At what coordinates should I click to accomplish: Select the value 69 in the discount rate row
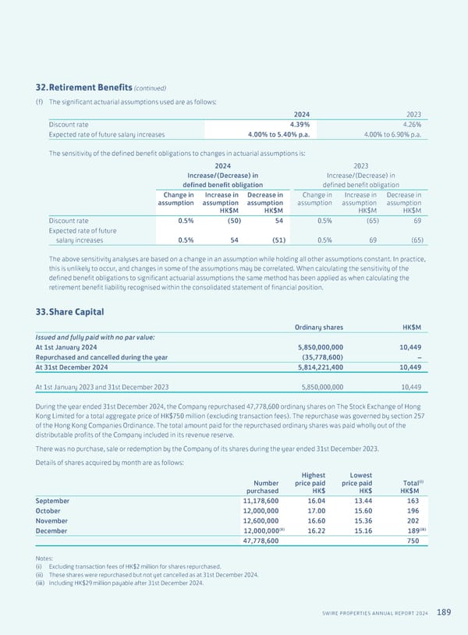point(417,221)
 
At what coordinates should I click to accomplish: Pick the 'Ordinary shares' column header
point(318,327)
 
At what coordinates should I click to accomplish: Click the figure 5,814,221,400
point(321,367)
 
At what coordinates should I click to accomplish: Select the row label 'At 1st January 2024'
point(66,346)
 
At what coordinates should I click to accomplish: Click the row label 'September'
point(52,501)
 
